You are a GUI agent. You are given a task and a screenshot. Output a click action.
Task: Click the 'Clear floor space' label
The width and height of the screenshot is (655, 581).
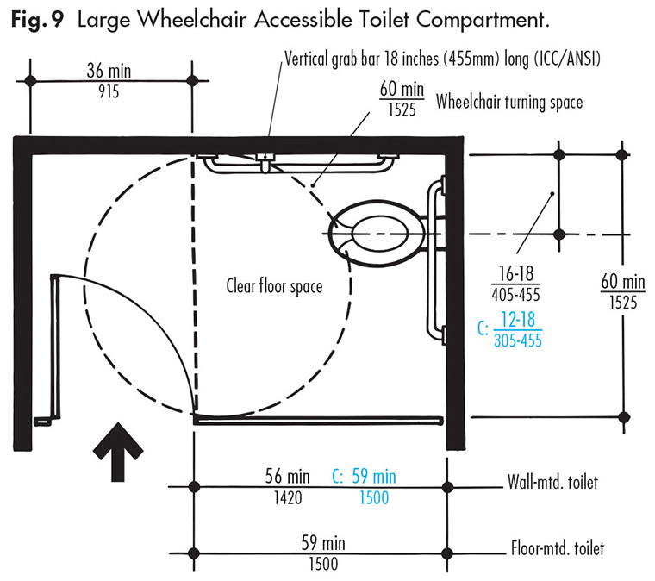point(274,285)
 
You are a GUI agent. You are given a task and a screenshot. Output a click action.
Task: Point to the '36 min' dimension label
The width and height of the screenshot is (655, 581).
point(111,69)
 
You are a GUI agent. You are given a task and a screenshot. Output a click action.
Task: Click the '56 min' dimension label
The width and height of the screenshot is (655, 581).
point(288,477)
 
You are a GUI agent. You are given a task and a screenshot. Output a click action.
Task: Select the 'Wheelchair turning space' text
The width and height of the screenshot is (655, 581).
point(509,102)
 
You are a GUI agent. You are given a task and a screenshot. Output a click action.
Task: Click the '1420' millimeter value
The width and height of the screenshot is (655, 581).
point(288,497)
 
